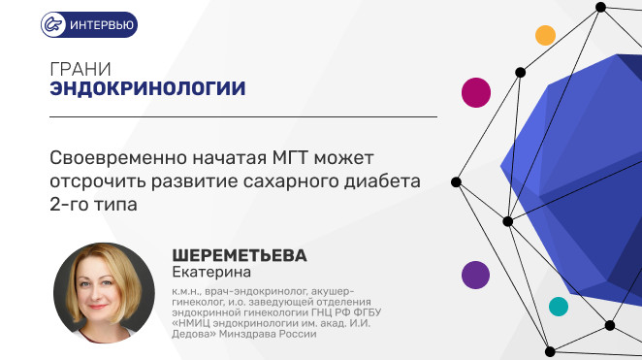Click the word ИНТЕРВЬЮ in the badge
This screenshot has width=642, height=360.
tap(102, 25)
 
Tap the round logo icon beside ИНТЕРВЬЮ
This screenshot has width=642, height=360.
tap(53, 24)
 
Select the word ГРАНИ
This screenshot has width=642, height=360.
tap(80, 69)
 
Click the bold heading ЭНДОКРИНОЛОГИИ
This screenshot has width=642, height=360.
tap(147, 88)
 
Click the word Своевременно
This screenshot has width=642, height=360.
tap(118, 157)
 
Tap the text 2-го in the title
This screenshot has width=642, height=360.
tap(69, 205)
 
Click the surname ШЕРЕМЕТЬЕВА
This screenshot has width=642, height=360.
tap(240, 255)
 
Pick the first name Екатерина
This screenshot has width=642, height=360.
tap(211, 272)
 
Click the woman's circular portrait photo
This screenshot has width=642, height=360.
tap(104, 293)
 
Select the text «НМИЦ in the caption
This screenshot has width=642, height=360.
tap(191, 323)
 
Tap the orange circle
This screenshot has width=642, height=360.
tap(545, 35)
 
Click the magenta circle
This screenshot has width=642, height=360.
tap(476, 92)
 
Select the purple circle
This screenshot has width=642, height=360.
tap(476, 275)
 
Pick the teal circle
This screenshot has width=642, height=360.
tap(559, 307)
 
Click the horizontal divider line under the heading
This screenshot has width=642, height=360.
tap(243, 117)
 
